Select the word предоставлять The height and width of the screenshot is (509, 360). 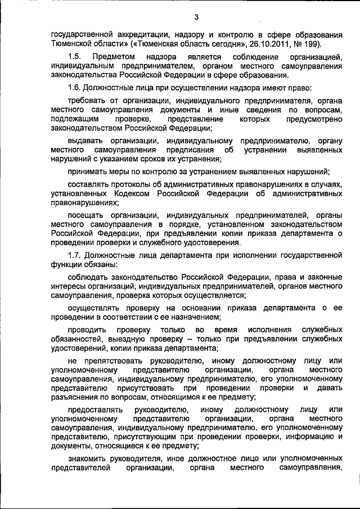(96, 409)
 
